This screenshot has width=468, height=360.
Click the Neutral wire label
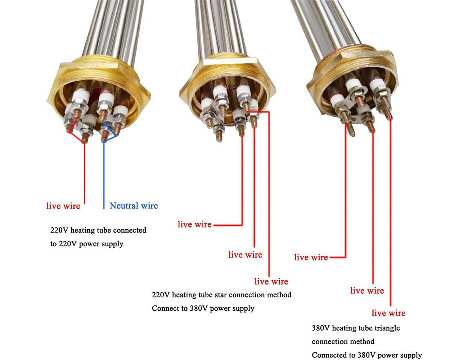pyautogui.click(x=134, y=206)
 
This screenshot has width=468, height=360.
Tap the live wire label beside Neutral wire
pyautogui.click(x=63, y=206)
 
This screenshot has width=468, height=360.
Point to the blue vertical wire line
pyautogui.click(x=104, y=173)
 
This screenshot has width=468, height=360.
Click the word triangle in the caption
pyautogui.click(x=386, y=328)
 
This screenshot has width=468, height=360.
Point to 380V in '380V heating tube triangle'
pyautogui.click(x=320, y=328)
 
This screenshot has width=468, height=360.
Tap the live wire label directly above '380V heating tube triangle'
pyautogui.click(x=388, y=313)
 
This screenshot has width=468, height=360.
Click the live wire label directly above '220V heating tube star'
pyautogui.click(x=271, y=282)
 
